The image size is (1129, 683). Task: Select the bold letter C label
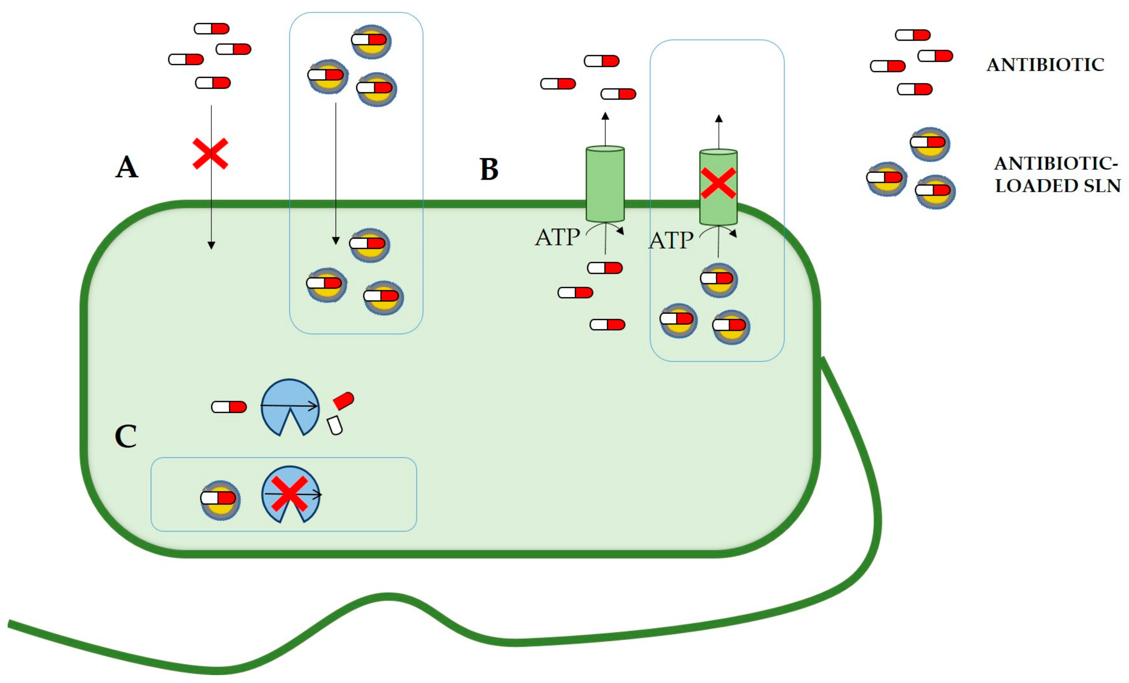click(x=126, y=436)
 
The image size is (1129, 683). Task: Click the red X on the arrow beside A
click(x=210, y=154)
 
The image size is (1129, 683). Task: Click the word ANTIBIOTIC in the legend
click(x=1045, y=65)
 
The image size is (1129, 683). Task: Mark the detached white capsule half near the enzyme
click(x=335, y=425)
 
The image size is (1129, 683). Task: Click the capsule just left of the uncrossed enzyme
click(x=229, y=407)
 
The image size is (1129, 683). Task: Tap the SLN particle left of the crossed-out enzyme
click(x=220, y=500)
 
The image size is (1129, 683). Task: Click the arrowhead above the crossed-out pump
click(x=718, y=119)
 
